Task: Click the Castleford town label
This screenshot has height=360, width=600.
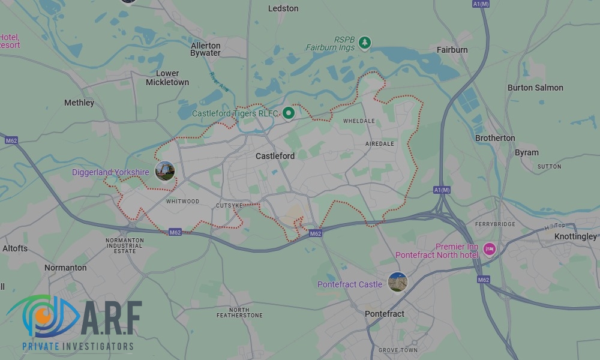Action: pyautogui.click(x=275, y=156)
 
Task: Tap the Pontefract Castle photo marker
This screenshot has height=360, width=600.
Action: pyautogui.click(x=397, y=281)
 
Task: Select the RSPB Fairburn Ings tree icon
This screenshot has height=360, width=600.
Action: pyautogui.click(x=364, y=43)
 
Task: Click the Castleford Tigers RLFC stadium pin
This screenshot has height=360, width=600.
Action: pyautogui.click(x=289, y=113)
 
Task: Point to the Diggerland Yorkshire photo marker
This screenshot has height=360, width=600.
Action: pyautogui.click(x=164, y=171)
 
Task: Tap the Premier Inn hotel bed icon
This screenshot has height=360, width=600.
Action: pyautogui.click(x=489, y=248)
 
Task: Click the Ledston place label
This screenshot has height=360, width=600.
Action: pyautogui.click(x=283, y=8)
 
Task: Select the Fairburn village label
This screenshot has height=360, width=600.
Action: pyautogui.click(x=452, y=50)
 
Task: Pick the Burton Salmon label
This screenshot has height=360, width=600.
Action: pyautogui.click(x=535, y=88)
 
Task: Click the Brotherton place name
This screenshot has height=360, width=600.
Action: pyautogui.click(x=495, y=138)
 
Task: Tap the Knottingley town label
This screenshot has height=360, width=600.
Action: pyautogui.click(x=575, y=236)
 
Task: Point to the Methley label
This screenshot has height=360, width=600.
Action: pyautogui.click(x=79, y=103)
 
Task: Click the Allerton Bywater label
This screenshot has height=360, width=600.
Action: pyautogui.click(x=206, y=49)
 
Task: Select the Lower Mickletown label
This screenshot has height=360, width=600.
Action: pyautogui.click(x=167, y=78)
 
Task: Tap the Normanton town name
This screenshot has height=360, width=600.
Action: pyautogui.click(x=65, y=268)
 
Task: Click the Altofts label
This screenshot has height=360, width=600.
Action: pyautogui.click(x=15, y=248)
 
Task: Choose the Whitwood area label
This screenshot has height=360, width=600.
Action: pyautogui.click(x=182, y=202)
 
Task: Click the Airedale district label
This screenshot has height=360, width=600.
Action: pyautogui.click(x=380, y=144)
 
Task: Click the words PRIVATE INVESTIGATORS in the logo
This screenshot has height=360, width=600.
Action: pyautogui.click(x=77, y=346)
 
